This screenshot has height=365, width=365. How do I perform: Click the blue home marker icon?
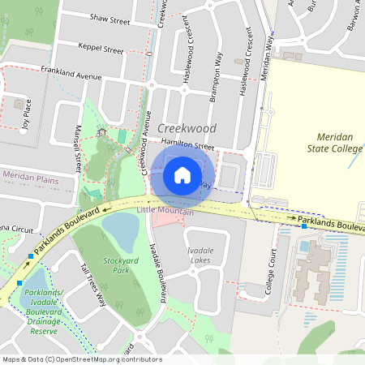coord(182,175)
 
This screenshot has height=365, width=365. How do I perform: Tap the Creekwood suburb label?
coord(187,129)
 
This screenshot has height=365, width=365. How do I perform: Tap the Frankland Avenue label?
coord(71,75)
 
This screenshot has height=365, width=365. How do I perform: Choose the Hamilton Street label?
coord(187,147)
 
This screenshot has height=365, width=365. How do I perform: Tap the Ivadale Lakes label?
coord(200,255)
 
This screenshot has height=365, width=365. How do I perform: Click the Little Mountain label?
coord(165,211)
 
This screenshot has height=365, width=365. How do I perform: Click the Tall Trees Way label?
coord(94,283)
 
